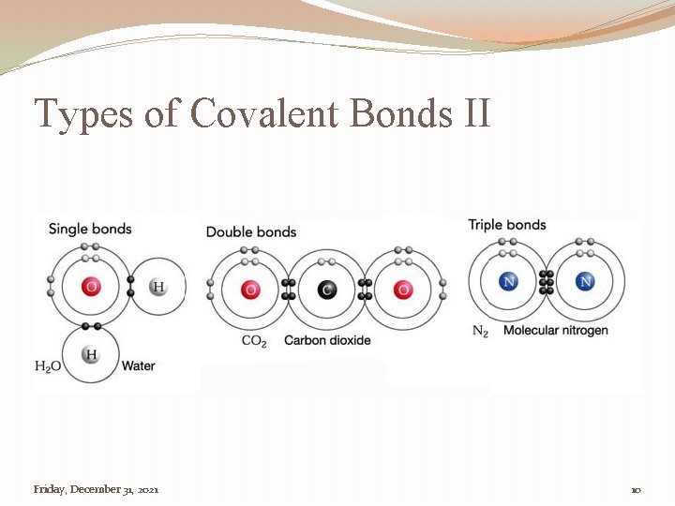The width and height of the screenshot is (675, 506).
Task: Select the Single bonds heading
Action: click(90, 229)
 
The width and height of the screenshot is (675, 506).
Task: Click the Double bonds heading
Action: click(250, 231)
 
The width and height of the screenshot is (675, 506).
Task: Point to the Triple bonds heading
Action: click(506, 225)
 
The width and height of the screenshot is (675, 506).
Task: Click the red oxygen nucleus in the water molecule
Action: click(91, 287)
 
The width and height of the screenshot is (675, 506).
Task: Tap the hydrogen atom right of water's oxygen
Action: click(157, 287)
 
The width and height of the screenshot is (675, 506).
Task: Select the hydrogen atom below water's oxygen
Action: click(91, 354)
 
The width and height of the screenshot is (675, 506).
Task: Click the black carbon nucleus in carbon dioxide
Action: click(326, 290)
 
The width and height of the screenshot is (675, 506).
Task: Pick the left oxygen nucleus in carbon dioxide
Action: click(249, 290)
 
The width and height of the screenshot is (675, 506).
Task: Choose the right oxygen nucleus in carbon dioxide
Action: click(403, 290)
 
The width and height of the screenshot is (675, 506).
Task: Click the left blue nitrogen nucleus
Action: click(509, 281)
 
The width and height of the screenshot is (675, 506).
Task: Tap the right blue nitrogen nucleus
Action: click(586, 281)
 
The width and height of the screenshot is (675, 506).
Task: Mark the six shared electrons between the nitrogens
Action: click(547, 281)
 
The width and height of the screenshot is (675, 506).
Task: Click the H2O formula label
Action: click(48, 366)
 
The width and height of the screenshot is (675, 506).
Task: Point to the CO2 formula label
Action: click(254, 340)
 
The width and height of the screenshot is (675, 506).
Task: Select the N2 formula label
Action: click(480, 331)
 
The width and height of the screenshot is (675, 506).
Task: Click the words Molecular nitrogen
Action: click(555, 330)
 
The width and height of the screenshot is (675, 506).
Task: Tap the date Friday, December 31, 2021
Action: click(96, 489)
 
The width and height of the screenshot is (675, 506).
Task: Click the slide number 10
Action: click(635, 490)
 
